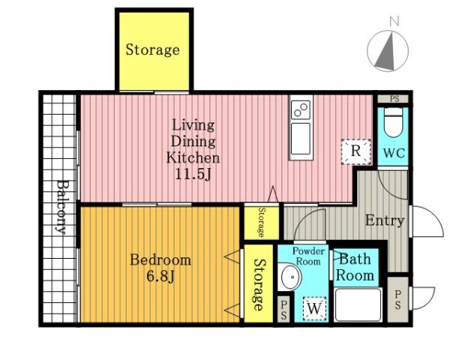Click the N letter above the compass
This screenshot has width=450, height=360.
(394, 21)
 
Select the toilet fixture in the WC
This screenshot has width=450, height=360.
(393, 122)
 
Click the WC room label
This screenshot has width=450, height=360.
(394, 153)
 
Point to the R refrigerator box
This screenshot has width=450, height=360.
(355, 151)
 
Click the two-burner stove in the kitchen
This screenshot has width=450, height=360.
(301, 109)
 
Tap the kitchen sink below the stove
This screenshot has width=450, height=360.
(301, 139)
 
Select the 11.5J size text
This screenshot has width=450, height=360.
(193, 174)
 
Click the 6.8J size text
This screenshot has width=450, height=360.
(160, 277)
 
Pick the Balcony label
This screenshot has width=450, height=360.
(61, 207)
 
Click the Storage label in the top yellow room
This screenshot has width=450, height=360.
(153, 49)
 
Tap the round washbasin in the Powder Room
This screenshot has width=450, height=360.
(290, 277)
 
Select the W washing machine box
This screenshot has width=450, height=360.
(314, 308)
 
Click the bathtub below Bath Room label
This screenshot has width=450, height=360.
(358, 304)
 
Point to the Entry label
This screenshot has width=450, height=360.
(385, 220)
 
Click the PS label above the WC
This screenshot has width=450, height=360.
(394, 99)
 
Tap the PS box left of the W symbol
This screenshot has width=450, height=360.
(283, 309)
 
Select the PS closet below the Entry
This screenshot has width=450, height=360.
(397, 299)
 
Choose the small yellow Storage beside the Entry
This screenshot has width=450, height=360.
(261, 223)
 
